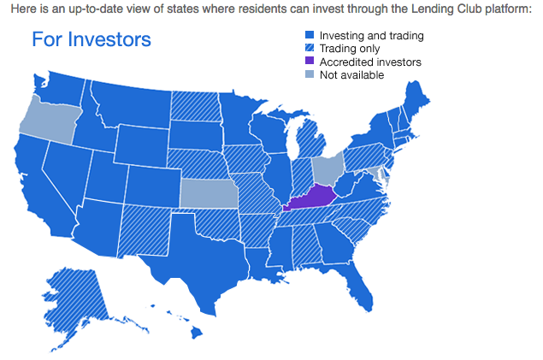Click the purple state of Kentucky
pyautogui.click(x=310, y=198)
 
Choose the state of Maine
pyautogui.click(x=418, y=98)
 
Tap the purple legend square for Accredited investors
pyautogui.click(x=311, y=62)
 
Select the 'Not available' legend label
pyautogui.click(x=351, y=75)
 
